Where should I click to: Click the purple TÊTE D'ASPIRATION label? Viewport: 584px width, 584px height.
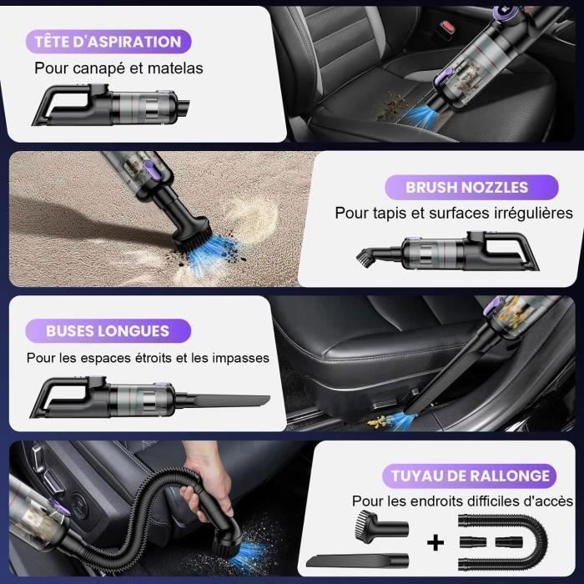point(108,41)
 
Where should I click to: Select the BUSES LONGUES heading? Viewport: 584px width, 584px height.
point(108,330)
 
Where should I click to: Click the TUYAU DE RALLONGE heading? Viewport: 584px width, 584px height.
point(471,476)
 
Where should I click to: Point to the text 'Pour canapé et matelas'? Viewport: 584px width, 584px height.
point(118,68)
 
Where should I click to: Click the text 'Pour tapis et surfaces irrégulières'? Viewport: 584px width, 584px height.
point(454,214)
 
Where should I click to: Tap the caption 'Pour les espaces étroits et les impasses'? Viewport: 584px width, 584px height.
point(148,357)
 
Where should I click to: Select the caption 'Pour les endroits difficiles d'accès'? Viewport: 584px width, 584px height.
point(462,501)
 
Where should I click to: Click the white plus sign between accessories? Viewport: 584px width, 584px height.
point(435,541)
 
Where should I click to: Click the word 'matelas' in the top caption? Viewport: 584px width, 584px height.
point(179,68)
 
